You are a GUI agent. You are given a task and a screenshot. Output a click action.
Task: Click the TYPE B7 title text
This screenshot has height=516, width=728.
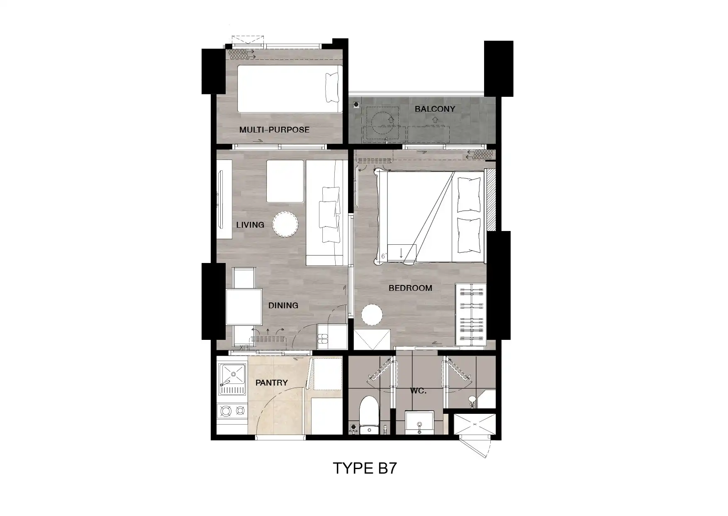click(365, 468)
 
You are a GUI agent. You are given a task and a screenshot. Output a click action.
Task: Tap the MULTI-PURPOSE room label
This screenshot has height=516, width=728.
click(274, 130)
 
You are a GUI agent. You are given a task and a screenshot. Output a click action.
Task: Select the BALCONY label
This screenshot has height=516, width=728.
click(435, 109)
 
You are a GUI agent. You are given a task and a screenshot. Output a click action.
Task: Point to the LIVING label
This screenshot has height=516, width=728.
click(250, 225)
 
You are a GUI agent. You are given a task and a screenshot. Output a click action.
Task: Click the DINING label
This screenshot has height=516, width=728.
click(283, 305)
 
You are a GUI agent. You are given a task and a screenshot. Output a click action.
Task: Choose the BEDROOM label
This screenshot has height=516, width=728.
click(410, 288)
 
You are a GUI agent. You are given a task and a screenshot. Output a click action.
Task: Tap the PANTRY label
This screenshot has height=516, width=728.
click(272, 383)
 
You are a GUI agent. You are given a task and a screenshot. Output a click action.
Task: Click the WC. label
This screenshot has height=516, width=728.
click(418, 391)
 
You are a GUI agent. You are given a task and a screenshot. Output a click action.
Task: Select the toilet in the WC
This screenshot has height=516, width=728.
click(369, 415)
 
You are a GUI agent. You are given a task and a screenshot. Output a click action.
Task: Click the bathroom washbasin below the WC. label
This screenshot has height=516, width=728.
click(419, 423)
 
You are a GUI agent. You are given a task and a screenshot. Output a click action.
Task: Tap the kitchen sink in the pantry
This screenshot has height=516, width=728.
click(232, 379)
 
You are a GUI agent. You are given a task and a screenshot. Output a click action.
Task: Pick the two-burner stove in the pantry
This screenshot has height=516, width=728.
click(232, 411)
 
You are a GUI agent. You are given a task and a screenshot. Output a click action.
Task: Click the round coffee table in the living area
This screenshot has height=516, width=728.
click(285, 224)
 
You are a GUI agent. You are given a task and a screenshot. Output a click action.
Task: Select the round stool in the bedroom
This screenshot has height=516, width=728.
click(372, 315)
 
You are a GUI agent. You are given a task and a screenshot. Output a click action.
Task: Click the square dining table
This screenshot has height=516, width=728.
click(244, 307)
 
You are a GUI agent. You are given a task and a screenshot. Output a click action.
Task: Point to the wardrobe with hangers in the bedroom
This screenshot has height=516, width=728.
click(470, 315)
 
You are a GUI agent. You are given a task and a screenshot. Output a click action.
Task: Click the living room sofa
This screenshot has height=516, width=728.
click(326, 213)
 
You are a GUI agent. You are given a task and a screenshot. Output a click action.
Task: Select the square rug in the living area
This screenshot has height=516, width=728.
click(285, 181)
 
